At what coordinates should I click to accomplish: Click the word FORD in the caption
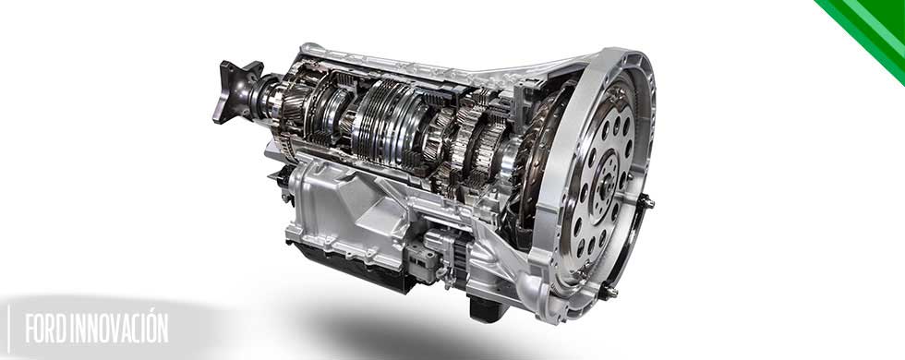tap(45, 329)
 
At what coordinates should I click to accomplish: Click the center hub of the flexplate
tap(606, 183)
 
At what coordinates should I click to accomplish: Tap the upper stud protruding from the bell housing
tap(646, 201)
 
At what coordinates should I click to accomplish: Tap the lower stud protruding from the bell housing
tap(609, 292)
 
